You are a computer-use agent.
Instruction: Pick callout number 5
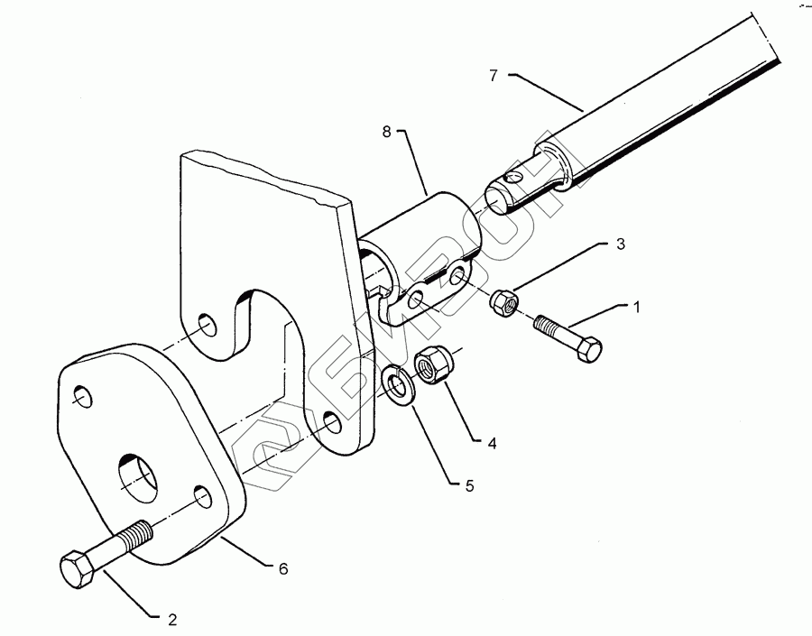[x=469, y=486]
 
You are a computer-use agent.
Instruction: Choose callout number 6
[x=282, y=568]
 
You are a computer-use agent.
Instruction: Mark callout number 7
[x=494, y=76]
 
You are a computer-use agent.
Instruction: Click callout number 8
[x=386, y=132]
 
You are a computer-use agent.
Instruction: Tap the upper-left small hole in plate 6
[x=83, y=397]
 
